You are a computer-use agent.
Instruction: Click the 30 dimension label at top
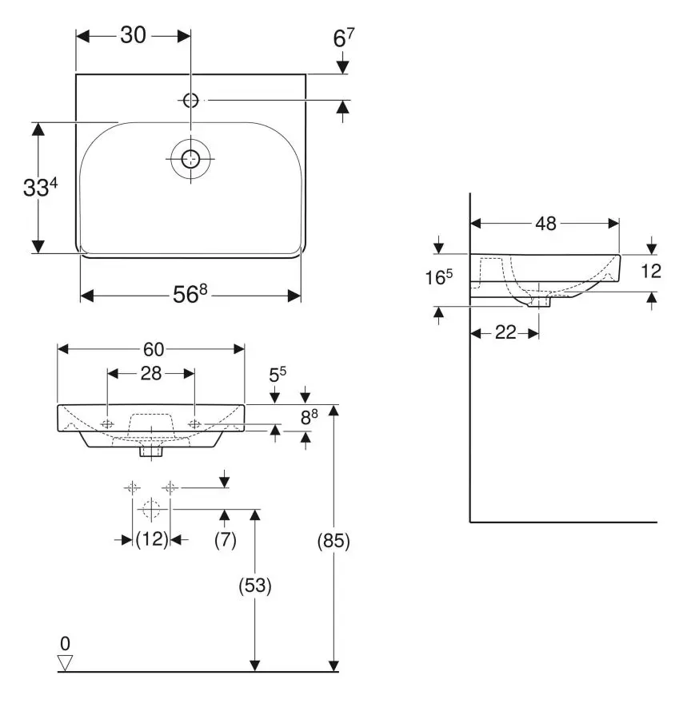point(133,36)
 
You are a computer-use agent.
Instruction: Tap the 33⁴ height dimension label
point(40,189)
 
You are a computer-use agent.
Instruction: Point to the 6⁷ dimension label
point(342,36)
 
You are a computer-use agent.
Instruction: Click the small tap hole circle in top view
point(190,101)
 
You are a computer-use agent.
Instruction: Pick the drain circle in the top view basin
point(190,158)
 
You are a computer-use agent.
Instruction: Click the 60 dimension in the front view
point(154,349)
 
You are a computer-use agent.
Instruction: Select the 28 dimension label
point(151,373)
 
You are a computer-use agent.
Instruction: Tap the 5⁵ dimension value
point(277,374)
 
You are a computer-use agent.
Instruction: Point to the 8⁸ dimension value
point(310,417)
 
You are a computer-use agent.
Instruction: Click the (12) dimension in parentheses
point(151,540)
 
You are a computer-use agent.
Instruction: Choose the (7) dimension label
point(225,540)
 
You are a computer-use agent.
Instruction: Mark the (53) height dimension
point(255,586)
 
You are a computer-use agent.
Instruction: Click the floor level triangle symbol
point(66,662)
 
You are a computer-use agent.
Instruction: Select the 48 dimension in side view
point(545,224)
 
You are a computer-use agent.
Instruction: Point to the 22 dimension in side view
point(505,333)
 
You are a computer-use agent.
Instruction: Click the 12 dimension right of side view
point(651,271)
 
